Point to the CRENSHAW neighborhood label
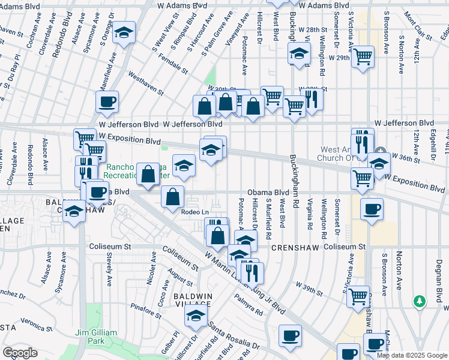pyautogui.click(x=290, y=247)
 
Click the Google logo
pyautogui.click(x=20, y=353)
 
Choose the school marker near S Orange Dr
pyautogui.click(x=124, y=33)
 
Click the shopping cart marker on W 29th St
pyautogui.click(x=363, y=58)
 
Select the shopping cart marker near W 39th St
pyautogui.click(x=358, y=296)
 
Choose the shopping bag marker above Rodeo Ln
pyautogui.click(x=172, y=197)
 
